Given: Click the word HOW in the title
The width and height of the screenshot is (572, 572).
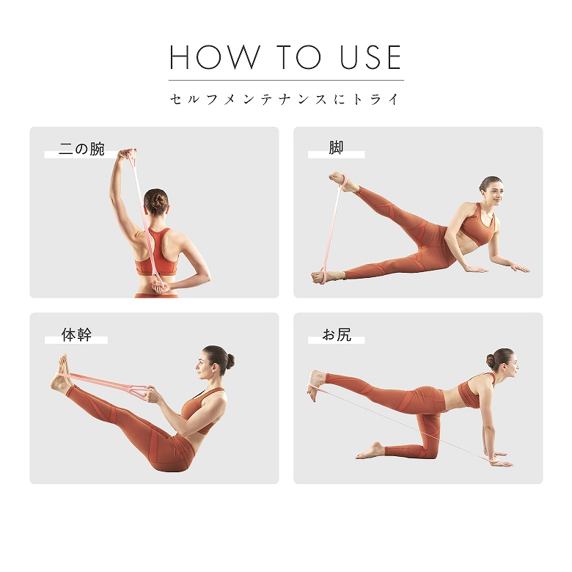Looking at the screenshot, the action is (215, 57).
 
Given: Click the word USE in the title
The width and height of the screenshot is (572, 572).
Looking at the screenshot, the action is (370, 57).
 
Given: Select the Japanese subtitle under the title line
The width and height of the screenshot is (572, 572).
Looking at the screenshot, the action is (285, 99).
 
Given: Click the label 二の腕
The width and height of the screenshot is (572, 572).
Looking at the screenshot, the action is (81, 149).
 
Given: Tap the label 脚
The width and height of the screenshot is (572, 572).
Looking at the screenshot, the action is (336, 147).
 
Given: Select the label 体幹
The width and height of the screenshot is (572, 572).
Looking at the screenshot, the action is (76, 334).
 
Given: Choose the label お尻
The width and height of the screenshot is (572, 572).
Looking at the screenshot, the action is (337, 334).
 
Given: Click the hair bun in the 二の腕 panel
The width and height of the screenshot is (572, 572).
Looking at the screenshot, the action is (157, 199).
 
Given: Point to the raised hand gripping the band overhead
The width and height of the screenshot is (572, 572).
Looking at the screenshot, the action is (127, 155).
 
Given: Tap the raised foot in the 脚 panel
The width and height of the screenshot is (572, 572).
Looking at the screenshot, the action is (342, 182).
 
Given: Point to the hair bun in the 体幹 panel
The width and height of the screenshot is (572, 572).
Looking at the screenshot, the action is (230, 360).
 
